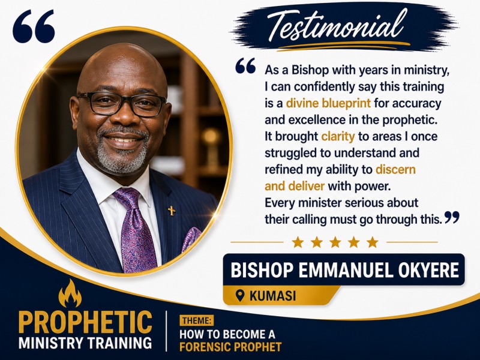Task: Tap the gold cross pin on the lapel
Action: [172, 211]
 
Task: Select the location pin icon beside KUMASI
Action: [241, 296]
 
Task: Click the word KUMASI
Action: [273, 296]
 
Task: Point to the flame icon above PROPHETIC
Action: [70, 293]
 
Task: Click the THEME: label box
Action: [196, 321]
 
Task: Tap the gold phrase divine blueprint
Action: [328, 103]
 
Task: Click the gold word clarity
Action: [338, 137]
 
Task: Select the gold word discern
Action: [395, 169]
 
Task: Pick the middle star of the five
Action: [335, 242]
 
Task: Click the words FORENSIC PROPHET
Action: [230, 347]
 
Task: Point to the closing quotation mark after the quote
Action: [452, 217]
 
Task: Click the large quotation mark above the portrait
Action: [34, 26]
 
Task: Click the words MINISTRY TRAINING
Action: [85, 343]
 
